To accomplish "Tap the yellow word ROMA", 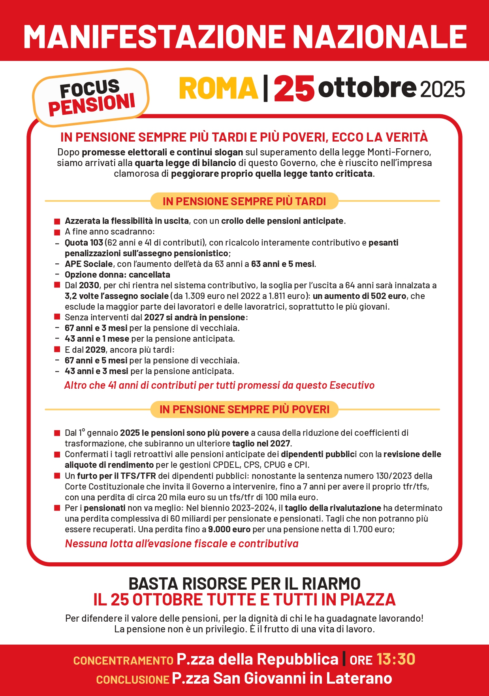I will pos(218,88).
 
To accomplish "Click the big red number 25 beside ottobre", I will pos(294,88).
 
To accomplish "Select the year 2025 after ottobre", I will pos(442,89).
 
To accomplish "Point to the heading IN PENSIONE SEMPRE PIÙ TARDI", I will pos(244,201).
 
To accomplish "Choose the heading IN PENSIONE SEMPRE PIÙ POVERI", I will pos(244,409).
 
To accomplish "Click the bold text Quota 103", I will pos(84,242).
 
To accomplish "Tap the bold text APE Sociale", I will pos(89,264).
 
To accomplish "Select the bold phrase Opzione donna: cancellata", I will pos(117,274).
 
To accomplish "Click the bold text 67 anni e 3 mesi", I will pos(96,328).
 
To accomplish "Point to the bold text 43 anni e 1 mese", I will pos(97,339).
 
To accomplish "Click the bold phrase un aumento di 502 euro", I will pos(359,296).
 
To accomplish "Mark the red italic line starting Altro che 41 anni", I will pos(219,385).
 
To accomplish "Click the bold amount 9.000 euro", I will pos(229,529).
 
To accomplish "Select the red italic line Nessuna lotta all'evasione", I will pos(182,544).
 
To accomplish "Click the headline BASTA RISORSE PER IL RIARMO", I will pos(244,584).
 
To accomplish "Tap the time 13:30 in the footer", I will pos(396,659).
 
